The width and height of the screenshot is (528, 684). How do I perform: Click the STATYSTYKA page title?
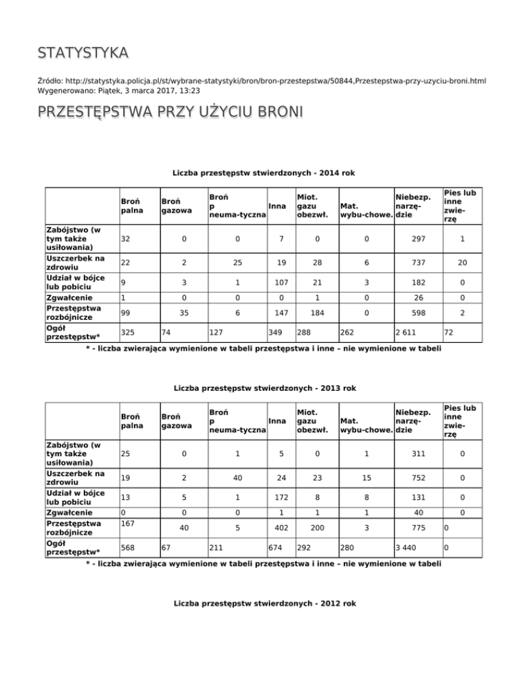(x=82, y=53)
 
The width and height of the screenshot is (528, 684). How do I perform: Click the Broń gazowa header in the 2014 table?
(x=177, y=205)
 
